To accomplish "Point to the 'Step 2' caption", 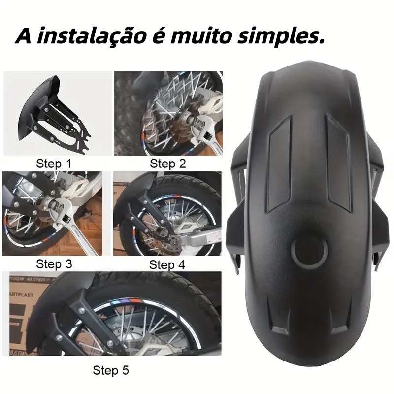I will pyautogui.click(x=168, y=164).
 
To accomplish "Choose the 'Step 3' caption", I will pyautogui.click(x=54, y=264).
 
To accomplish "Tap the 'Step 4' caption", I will pyautogui.click(x=167, y=264).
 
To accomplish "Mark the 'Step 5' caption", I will pyautogui.click(x=111, y=370).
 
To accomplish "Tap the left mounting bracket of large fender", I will pyautogui.click(x=241, y=207).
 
